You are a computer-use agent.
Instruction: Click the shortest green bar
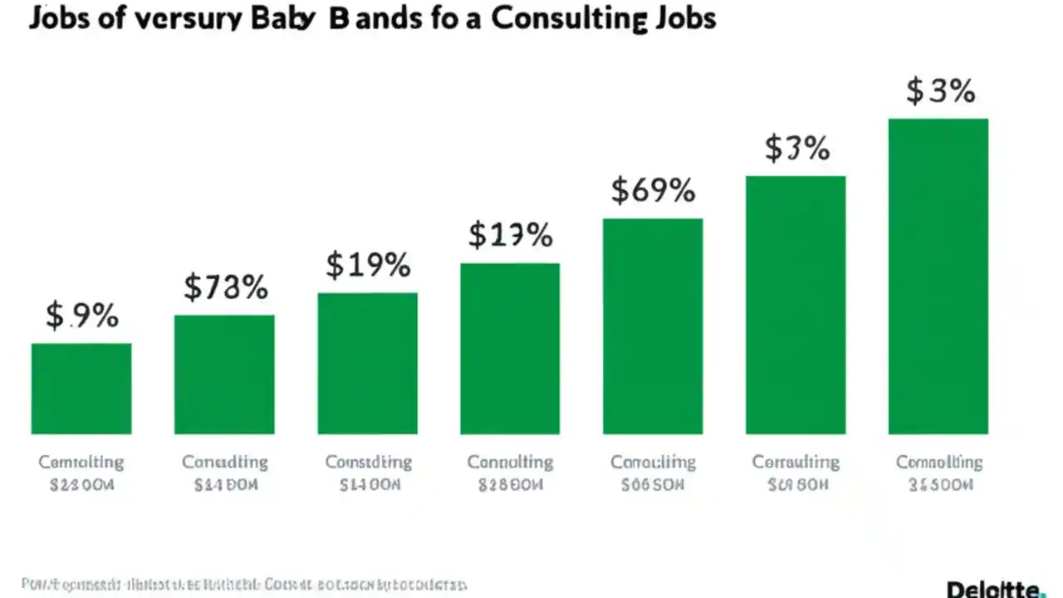81,388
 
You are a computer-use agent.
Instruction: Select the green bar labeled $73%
224,374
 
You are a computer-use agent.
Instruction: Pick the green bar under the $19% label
367,363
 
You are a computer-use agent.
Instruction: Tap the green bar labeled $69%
653,326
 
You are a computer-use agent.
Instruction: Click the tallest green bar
938,276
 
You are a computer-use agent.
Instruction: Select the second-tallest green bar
796,305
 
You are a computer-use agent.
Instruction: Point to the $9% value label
81,316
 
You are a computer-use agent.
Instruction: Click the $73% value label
225,287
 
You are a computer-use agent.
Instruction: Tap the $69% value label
653,190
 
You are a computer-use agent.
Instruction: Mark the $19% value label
368,265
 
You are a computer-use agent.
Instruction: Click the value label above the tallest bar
939,90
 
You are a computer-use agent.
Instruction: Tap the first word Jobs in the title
59,18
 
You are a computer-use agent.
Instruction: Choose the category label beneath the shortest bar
81,473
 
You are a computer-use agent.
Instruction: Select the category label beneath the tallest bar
938,473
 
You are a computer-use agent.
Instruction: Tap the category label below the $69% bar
653,473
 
